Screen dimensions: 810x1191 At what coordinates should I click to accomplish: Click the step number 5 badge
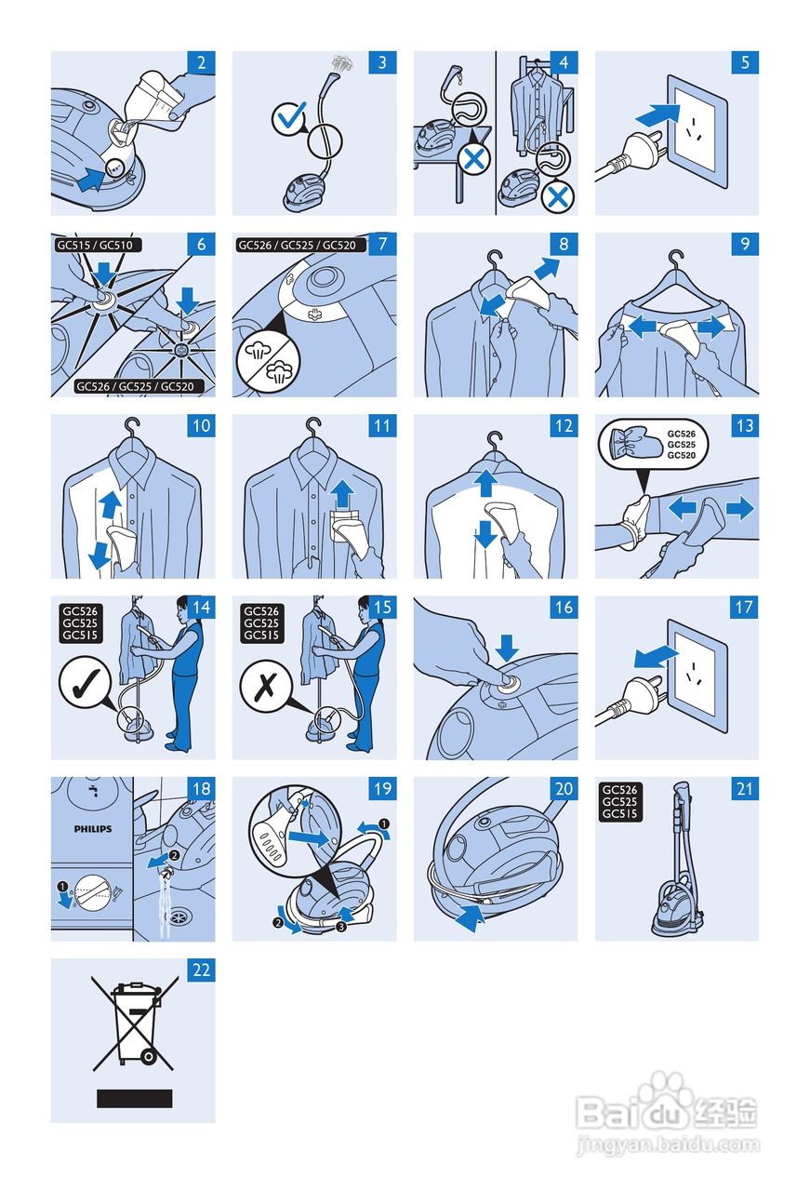click(745, 62)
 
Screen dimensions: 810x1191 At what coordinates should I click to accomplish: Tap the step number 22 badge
click(202, 970)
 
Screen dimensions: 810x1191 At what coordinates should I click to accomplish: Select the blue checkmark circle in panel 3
click(289, 118)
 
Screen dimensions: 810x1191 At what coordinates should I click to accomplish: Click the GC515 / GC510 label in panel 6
click(98, 245)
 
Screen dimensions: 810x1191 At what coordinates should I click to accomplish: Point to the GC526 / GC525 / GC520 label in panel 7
click(301, 245)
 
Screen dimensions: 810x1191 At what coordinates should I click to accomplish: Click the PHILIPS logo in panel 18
click(93, 829)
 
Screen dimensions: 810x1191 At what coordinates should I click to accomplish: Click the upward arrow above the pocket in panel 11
click(342, 493)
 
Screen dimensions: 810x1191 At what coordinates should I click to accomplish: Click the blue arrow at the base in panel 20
click(471, 918)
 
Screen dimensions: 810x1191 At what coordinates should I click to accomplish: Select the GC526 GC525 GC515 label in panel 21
click(619, 802)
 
